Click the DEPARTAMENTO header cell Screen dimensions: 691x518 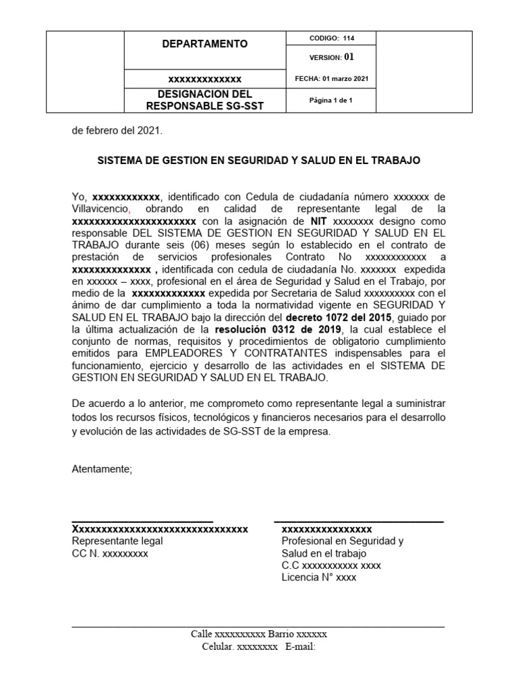point(204,44)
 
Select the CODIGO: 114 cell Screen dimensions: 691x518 point(331,38)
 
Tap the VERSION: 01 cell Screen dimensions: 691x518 point(331,57)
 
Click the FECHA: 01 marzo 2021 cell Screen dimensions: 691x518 point(331,79)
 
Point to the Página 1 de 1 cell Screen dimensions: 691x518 point(331,101)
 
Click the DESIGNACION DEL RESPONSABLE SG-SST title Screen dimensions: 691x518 point(204,100)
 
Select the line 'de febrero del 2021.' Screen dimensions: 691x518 point(117,131)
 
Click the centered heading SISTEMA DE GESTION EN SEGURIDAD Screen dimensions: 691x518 point(259,161)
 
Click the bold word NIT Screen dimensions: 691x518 point(318,221)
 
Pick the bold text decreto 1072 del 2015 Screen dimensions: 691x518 point(335,317)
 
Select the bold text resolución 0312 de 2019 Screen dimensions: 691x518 point(278,329)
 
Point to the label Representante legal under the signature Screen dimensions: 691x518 point(117,541)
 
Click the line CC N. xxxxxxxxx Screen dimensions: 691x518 point(110,553)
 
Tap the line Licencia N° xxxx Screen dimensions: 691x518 point(319,578)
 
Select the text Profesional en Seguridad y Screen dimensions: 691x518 point(342,541)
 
